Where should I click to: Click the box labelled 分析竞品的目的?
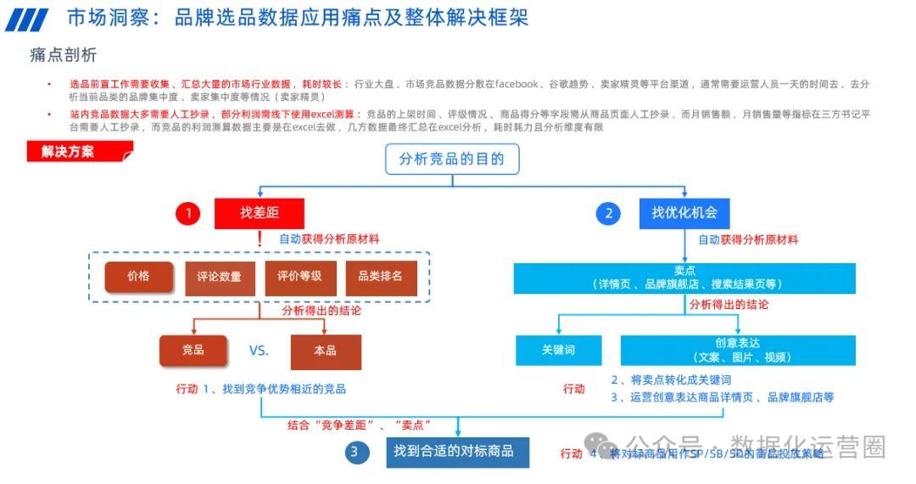(x=451, y=159)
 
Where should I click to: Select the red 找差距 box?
(x=259, y=213)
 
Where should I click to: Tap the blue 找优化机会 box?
(x=684, y=213)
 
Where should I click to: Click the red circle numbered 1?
(x=188, y=214)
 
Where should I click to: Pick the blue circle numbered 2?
(x=608, y=214)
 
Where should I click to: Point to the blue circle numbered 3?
(x=356, y=452)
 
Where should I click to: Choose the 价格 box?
(x=139, y=277)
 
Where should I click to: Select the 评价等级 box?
(x=299, y=277)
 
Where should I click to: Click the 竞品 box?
(x=193, y=351)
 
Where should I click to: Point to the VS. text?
(x=259, y=351)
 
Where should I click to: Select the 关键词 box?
(x=559, y=350)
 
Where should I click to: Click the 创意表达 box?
(x=737, y=350)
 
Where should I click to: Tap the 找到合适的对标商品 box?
(x=458, y=451)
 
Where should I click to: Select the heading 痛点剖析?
(x=64, y=55)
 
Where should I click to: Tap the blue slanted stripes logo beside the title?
(x=27, y=20)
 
